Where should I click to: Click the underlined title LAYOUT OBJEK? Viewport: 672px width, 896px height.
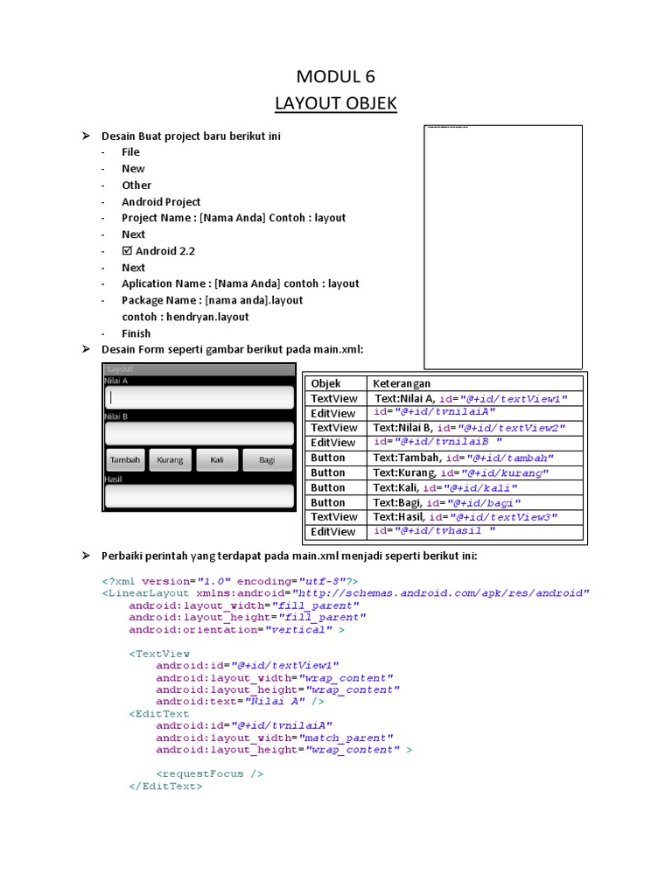[x=336, y=104]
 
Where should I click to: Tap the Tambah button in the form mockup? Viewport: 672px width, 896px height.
[x=125, y=459]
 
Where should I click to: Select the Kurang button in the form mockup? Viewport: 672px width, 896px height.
[x=171, y=459]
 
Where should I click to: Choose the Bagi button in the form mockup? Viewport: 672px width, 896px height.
[x=267, y=459]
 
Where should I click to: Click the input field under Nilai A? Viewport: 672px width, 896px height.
[x=199, y=397]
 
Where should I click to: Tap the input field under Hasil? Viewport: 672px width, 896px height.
[x=199, y=496]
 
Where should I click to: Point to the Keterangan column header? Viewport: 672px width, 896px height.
[x=402, y=383]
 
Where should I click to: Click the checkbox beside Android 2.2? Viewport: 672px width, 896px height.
[x=128, y=251]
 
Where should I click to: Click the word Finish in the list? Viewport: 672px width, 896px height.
[x=136, y=333]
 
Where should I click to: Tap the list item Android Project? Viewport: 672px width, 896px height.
[x=161, y=202]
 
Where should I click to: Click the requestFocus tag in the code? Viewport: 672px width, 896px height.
[x=210, y=773]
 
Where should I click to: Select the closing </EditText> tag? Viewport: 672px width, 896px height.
[x=165, y=786]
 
